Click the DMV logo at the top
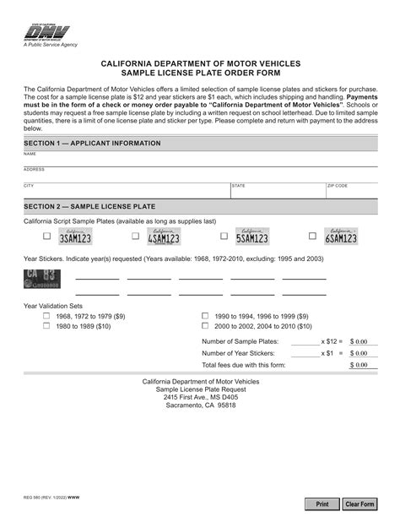(41, 32)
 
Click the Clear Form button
(359, 503)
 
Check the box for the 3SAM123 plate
(47, 237)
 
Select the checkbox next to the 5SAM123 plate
(224, 237)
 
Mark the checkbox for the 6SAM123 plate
(312, 237)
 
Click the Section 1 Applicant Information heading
(92, 144)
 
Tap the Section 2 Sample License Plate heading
(89, 206)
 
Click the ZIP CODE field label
(337, 185)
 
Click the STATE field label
(238, 185)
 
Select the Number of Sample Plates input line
(305, 341)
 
